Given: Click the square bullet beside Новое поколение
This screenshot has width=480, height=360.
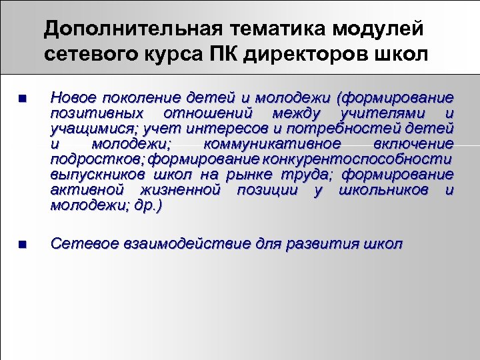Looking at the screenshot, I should point(22,99).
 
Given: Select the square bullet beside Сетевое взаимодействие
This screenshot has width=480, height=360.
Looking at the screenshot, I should point(22,245).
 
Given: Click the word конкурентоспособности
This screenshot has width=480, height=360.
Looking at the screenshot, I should point(357,159).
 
